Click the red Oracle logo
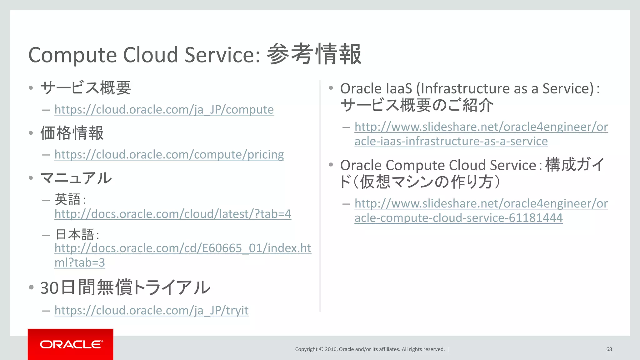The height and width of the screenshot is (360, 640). coord(71,344)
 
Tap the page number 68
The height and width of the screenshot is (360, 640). coord(609,349)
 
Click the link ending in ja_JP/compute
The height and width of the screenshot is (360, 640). coord(164,110)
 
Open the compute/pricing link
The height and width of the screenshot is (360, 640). coord(169,155)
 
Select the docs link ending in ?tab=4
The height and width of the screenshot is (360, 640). coord(173,214)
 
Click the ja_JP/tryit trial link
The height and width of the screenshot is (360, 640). coord(152,310)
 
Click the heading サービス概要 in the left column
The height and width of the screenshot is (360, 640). coord(86,88)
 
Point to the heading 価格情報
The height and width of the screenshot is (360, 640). coord(72,133)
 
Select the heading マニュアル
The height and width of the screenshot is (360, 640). coord(76,178)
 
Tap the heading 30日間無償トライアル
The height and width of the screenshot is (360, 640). coord(125,287)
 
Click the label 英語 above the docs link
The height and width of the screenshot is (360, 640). coord(68,199)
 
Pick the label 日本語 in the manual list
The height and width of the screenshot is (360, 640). coord(75,234)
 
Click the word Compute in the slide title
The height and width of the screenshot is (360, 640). coord(72,55)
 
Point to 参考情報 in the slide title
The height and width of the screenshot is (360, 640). coord(314,54)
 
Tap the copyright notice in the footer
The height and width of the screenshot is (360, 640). coord(370,349)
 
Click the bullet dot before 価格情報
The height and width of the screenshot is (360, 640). coord(31,133)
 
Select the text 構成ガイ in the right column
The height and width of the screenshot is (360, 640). coord(574,165)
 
